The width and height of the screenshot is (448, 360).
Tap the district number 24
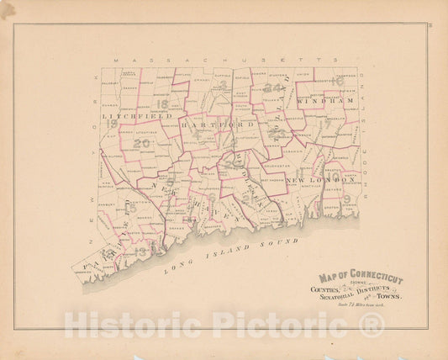pos(271,87)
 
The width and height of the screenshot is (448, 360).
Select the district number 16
pos(337,82)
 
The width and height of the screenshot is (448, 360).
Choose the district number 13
pos(141,251)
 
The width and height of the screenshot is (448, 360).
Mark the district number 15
pos(105,253)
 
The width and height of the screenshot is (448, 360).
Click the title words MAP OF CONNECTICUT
pos(361,278)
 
